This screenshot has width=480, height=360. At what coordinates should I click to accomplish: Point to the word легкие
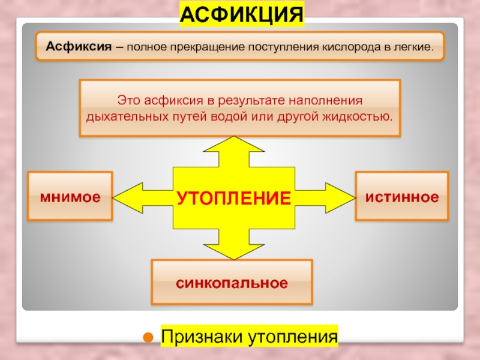pyautogui.click(x=413, y=46)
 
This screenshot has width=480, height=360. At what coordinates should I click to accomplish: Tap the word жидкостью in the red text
pyautogui.click(x=365, y=115)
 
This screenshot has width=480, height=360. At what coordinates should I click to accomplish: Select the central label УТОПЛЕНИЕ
pyautogui.click(x=233, y=197)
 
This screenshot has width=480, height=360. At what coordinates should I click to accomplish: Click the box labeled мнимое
pyautogui.click(x=70, y=196)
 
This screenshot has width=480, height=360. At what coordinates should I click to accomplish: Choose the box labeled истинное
pyautogui.click(x=402, y=196)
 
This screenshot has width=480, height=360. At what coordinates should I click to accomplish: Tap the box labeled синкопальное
pyautogui.click(x=232, y=282)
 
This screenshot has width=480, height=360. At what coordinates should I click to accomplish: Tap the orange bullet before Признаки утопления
pyautogui.click(x=145, y=337)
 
